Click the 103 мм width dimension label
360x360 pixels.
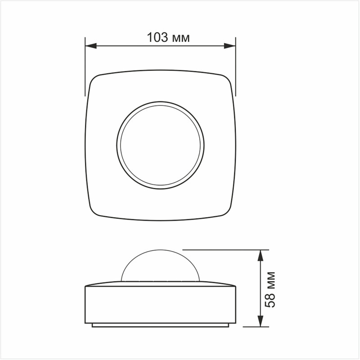pos(168,37)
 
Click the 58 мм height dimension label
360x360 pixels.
pos(270,289)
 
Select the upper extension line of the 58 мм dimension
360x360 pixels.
pos(225,249)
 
